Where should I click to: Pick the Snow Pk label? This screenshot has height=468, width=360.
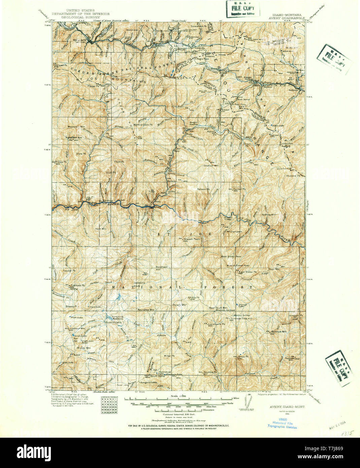(243, 357)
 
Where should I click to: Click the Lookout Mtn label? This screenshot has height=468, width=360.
(77, 328)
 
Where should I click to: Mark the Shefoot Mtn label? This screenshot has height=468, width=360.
(211, 166)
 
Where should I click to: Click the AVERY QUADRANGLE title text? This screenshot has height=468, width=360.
(287, 19)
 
